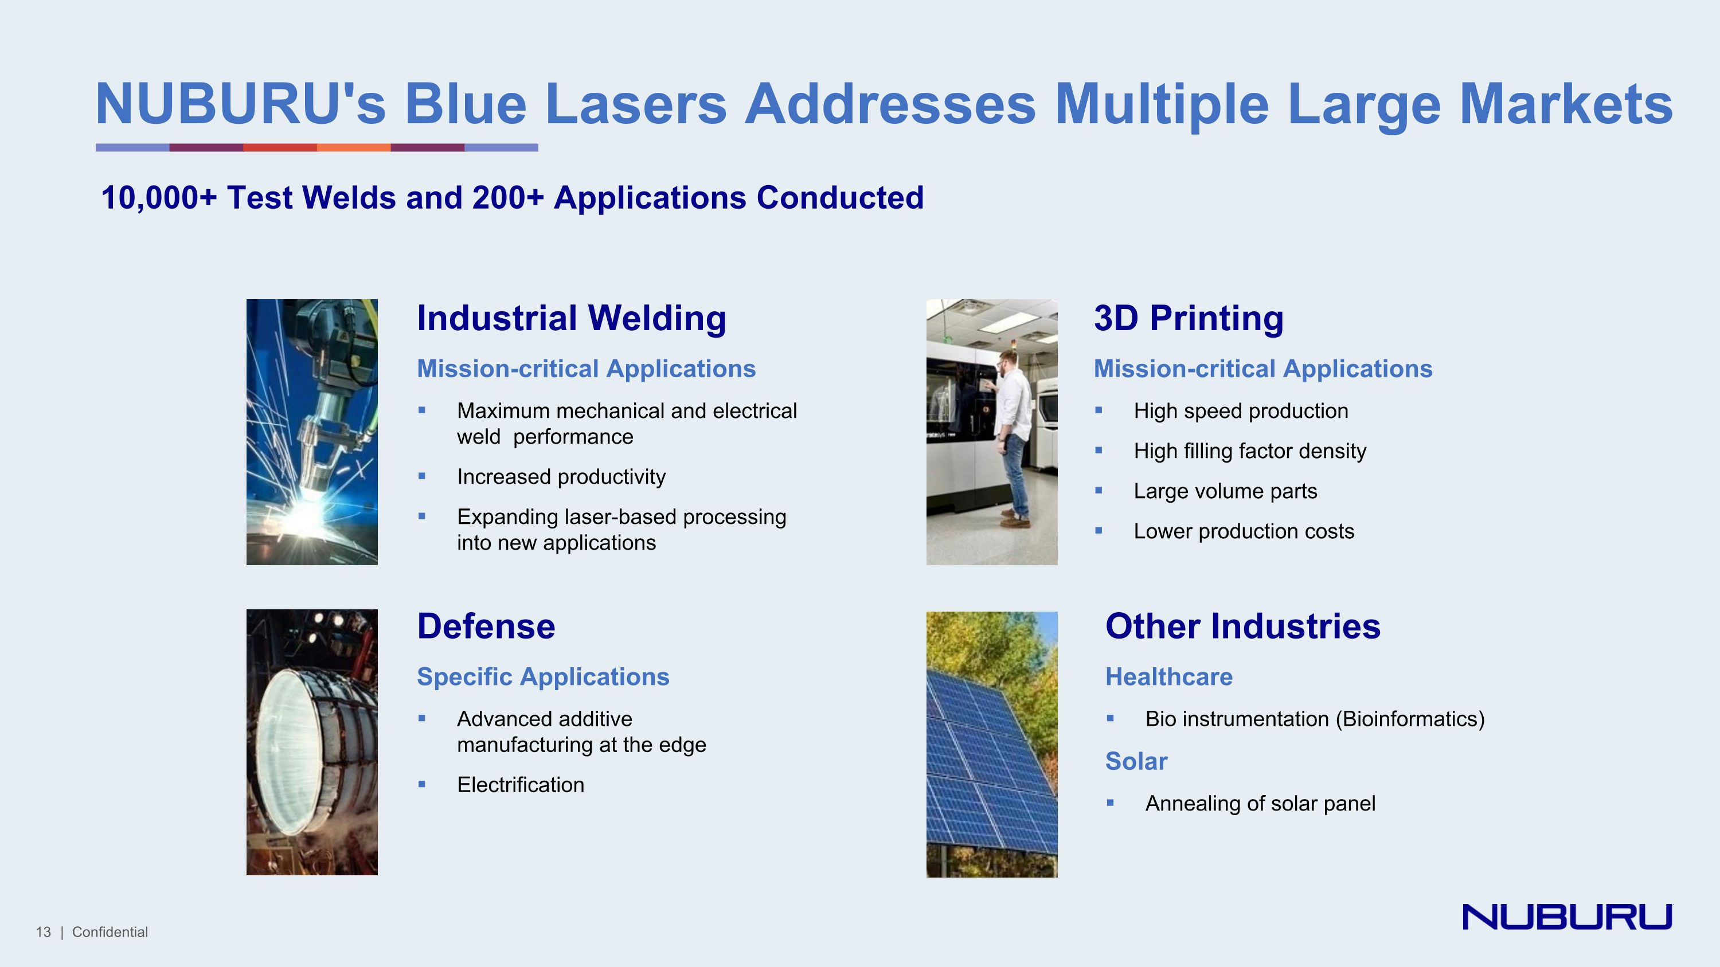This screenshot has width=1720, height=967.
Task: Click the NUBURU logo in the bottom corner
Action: (x=1566, y=917)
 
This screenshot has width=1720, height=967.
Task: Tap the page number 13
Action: (x=44, y=932)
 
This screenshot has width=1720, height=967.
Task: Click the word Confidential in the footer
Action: (x=110, y=932)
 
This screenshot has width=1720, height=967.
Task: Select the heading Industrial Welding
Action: (x=571, y=318)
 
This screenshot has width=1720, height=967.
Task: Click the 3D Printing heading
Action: (x=1188, y=318)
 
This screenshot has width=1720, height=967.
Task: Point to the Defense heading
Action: (x=486, y=626)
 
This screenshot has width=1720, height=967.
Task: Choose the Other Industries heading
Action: (x=1242, y=626)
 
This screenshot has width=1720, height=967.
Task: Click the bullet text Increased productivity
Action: (x=561, y=476)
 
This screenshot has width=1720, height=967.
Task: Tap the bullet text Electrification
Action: (x=520, y=785)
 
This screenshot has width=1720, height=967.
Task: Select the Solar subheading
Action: (x=1136, y=761)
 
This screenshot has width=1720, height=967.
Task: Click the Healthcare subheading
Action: (x=1168, y=677)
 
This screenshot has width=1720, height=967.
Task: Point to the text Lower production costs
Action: (x=1243, y=531)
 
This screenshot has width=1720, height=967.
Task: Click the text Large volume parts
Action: (x=1225, y=491)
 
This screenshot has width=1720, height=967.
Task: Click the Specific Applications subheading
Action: (x=543, y=677)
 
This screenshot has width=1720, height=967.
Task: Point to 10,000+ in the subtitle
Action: (x=159, y=198)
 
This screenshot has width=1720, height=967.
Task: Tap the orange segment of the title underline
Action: (x=353, y=147)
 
